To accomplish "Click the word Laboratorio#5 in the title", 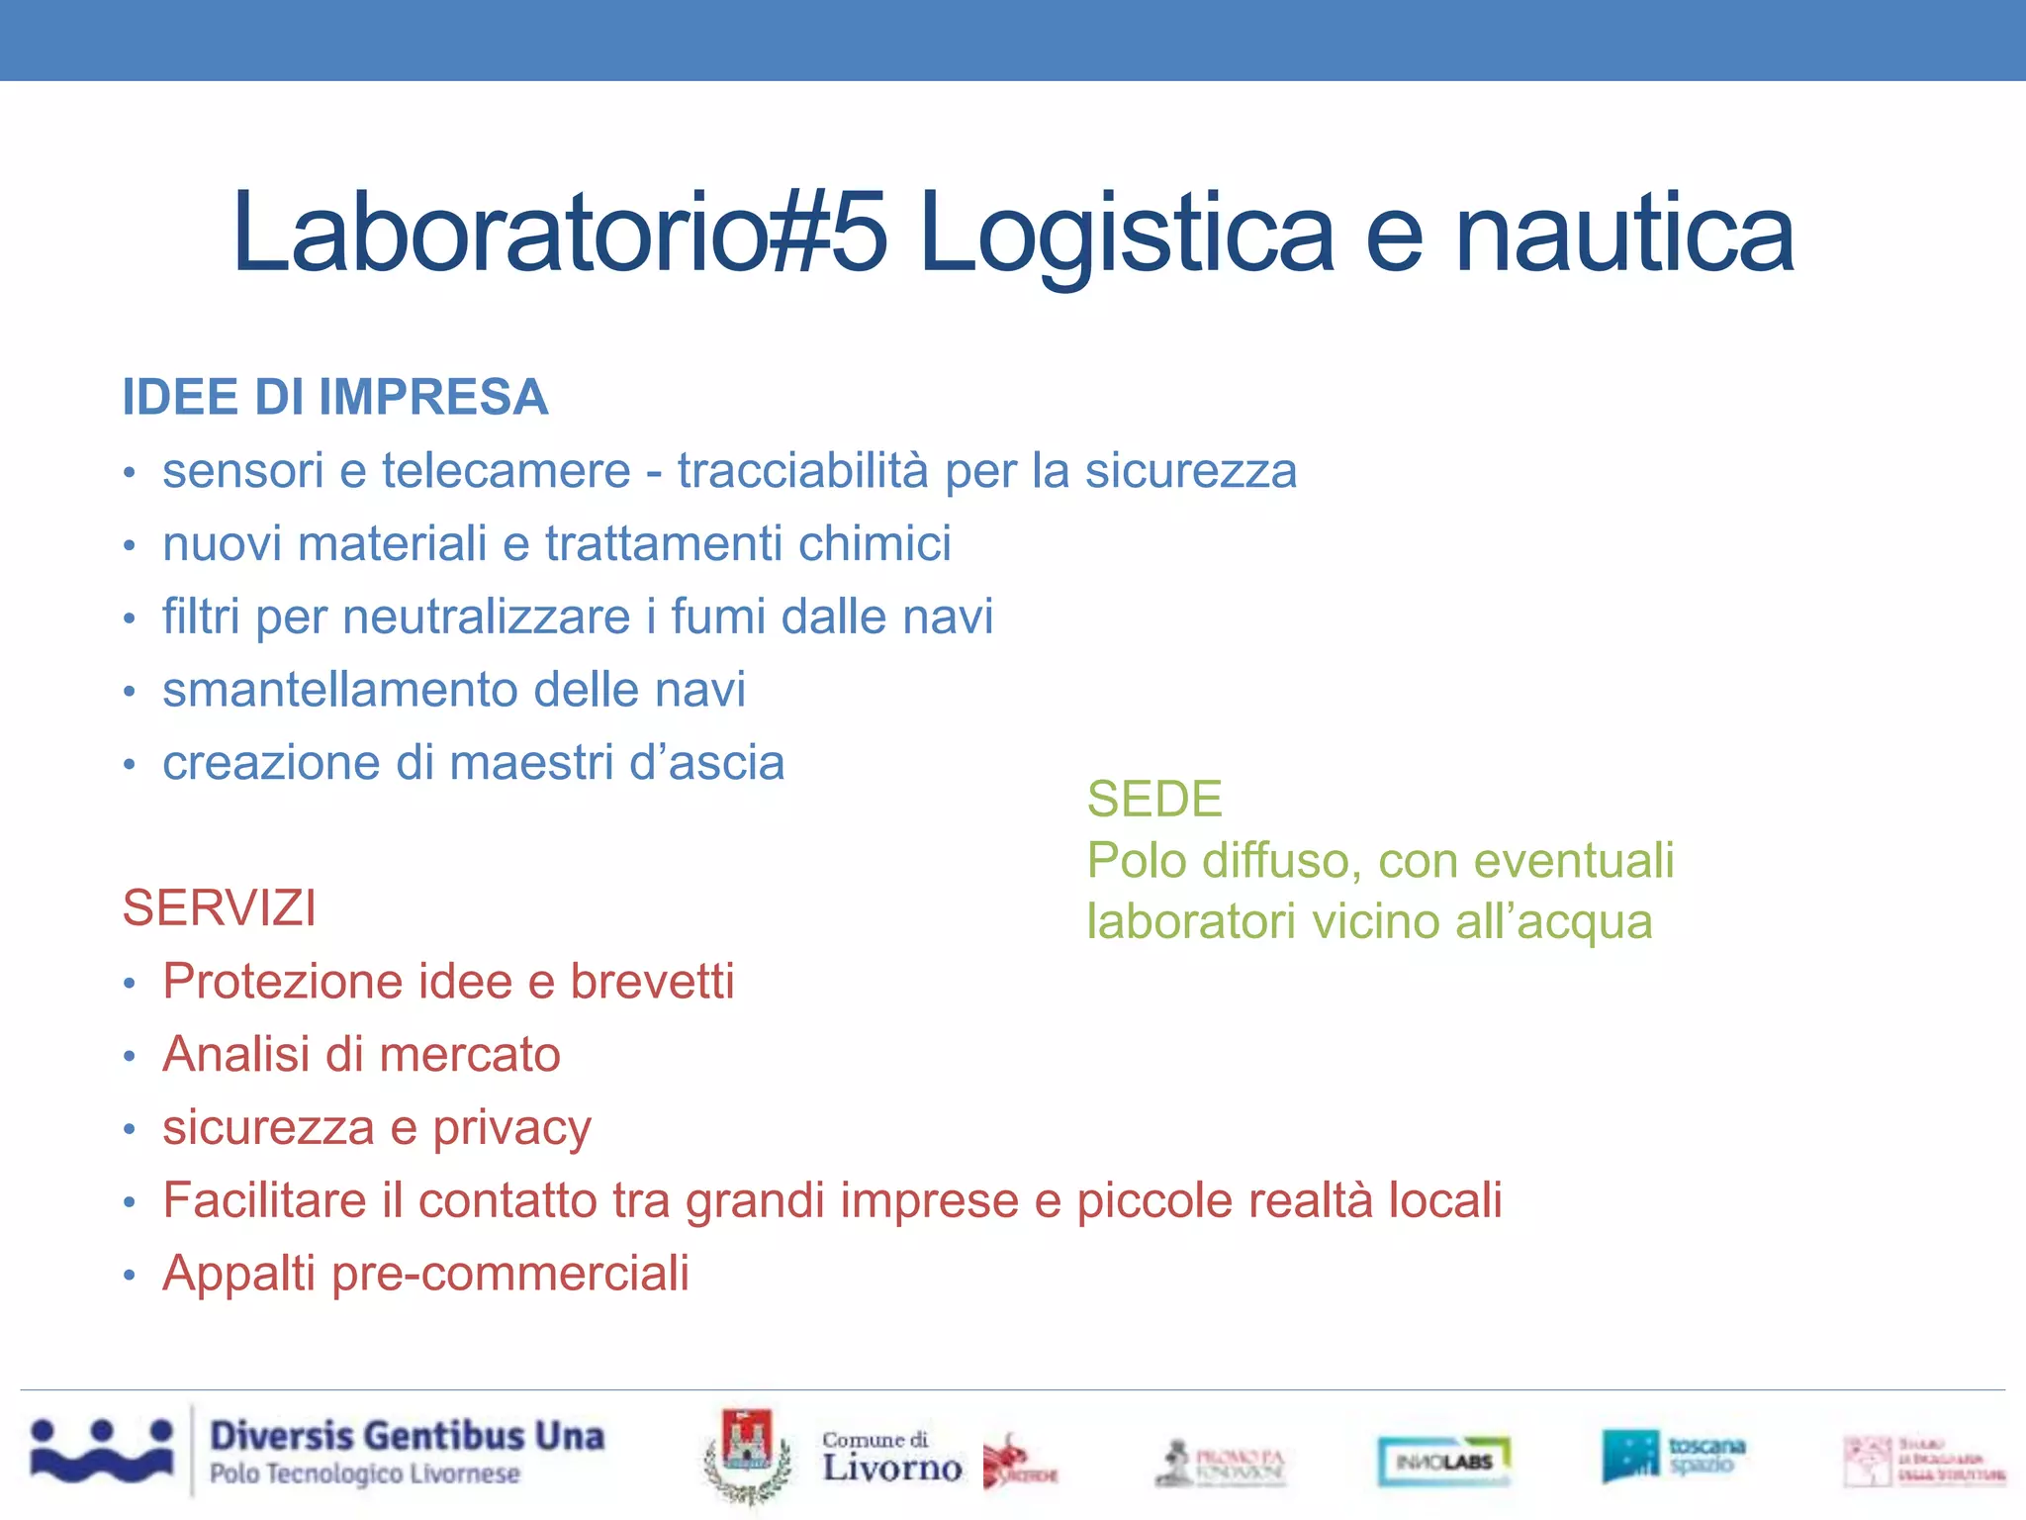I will [x=560, y=234].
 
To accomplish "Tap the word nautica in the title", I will [x=1624, y=234].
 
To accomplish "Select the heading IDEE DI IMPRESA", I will [x=334, y=398].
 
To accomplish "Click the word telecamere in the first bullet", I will [x=506, y=471].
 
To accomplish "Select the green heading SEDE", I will [x=1154, y=800].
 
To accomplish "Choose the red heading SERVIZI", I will [x=220, y=908].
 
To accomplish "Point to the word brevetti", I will [x=652, y=982].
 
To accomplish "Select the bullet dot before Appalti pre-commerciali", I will [x=129, y=1276].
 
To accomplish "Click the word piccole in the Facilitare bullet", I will [x=1147, y=1201].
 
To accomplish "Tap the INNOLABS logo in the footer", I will [x=1443, y=1461].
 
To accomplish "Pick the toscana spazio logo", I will [x=1673, y=1456].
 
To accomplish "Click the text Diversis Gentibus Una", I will [x=407, y=1436].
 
